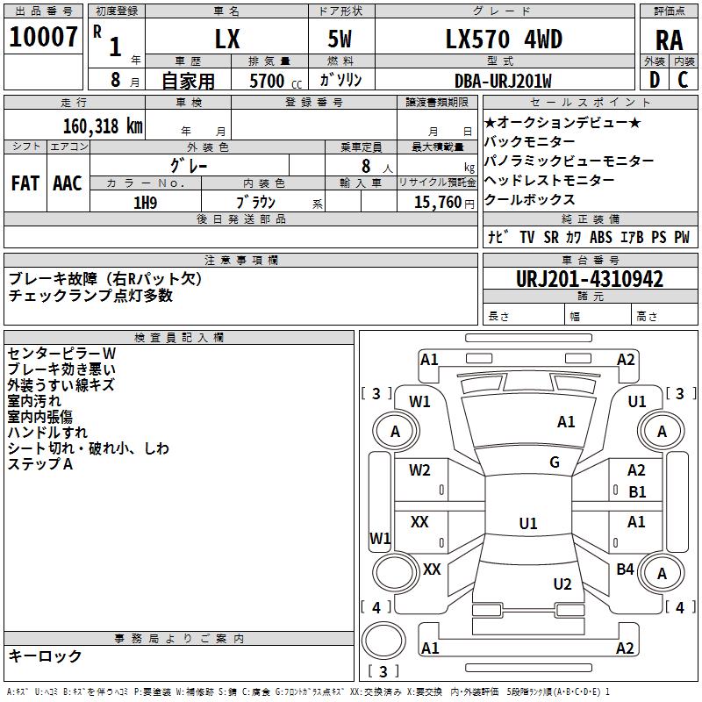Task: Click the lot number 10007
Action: [x=43, y=37]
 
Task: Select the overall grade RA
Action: [x=670, y=40]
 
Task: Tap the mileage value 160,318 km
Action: [x=103, y=126]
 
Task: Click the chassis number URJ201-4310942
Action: [x=590, y=279]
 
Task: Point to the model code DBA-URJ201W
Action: [x=503, y=81]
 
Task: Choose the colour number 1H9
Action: [x=146, y=203]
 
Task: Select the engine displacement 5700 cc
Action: [x=276, y=81]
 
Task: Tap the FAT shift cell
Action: [x=25, y=183]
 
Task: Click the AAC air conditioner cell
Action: [x=68, y=183]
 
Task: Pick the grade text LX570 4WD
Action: [x=504, y=39]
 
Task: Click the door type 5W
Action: [x=340, y=39]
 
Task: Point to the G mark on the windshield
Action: [x=555, y=462]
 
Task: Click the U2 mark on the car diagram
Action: [x=562, y=584]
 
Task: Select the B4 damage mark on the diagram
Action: [x=625, y=569]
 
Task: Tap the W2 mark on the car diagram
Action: [x=419, y=470]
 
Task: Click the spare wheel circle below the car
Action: [x=383, y=641]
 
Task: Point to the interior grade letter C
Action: [x=683, y=80]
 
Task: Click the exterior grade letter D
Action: [x=655, y=80]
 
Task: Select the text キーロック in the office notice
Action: [x=45, y=655]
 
